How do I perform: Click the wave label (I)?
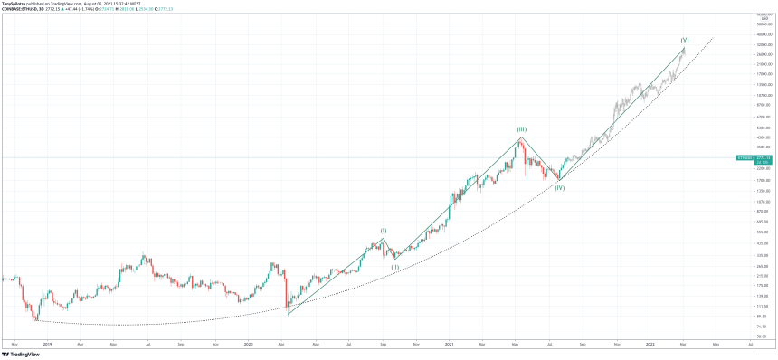(383, 231)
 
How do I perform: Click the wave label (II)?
(395, 267)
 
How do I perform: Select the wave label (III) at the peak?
(522, 129)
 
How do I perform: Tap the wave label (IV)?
(560, 187)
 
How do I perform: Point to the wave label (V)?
(685, 40)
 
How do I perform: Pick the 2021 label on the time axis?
(450, 344)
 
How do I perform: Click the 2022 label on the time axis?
(650, 344)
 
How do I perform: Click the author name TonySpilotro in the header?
(15, 4)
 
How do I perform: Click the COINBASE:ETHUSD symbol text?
(20, 10)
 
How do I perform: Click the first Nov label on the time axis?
(14, 344)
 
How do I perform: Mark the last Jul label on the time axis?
(751, 344)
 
